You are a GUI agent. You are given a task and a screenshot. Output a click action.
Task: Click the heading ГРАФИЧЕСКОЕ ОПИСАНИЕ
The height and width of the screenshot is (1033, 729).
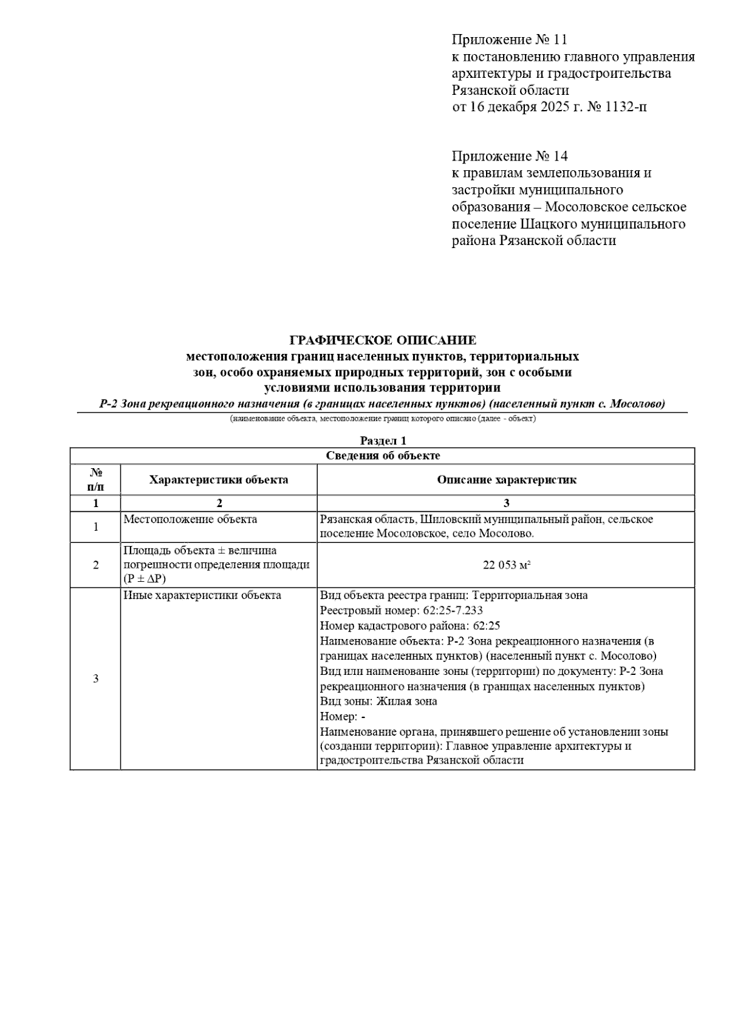(382, 340)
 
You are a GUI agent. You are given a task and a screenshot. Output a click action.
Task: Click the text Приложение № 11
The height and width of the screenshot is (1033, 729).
(509, 40)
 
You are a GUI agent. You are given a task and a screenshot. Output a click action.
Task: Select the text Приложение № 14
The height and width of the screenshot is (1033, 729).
(509, 156)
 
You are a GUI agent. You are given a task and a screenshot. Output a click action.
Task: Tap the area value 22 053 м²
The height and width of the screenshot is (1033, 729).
(506, 565)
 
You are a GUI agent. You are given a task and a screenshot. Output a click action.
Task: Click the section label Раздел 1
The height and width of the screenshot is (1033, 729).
(382, 441)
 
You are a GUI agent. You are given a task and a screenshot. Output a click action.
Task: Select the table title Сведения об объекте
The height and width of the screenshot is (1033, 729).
(382, 455)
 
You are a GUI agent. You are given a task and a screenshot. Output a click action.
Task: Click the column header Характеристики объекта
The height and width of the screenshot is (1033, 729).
(219, 480)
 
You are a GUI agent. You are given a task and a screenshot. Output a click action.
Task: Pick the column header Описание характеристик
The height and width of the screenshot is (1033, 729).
(506, 480)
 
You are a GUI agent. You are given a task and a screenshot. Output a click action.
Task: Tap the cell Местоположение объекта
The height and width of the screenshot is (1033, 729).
(190, 519)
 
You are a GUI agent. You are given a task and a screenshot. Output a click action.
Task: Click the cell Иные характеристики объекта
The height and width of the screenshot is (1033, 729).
(202, 595)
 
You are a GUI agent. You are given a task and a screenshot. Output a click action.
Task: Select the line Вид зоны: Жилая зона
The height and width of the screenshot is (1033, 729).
(378, 701)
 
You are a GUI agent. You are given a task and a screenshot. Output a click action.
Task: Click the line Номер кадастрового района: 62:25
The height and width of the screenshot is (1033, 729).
(410, 626)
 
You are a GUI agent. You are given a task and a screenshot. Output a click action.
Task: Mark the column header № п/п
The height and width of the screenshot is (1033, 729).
(95, 480)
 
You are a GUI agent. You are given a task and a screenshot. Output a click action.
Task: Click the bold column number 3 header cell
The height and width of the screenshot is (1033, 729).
(506, 503)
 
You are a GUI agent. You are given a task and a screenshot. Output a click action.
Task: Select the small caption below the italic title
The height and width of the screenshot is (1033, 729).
(382, 419)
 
